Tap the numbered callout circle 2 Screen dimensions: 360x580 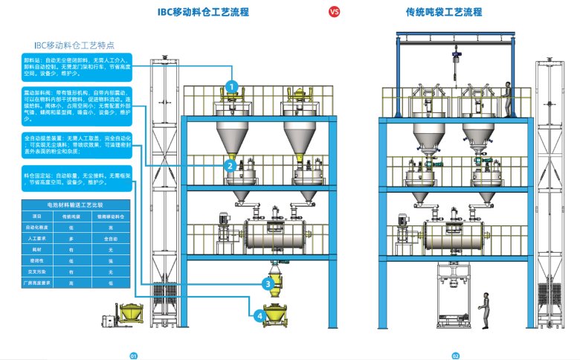(x=231, y=166)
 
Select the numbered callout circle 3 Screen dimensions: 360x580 (x=268, y=283)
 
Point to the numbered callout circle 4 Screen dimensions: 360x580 (x=259, y=315)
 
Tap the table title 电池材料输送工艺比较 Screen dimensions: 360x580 (x=76, y=203)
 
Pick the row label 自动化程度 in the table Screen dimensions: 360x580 (x=38, y=228)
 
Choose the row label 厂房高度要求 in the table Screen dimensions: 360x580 (x=38, y=283)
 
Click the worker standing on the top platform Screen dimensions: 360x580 (x=508, y=98)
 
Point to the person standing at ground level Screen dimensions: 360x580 (x=484, y=309)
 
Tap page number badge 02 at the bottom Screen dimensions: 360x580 (x=455, y=356)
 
